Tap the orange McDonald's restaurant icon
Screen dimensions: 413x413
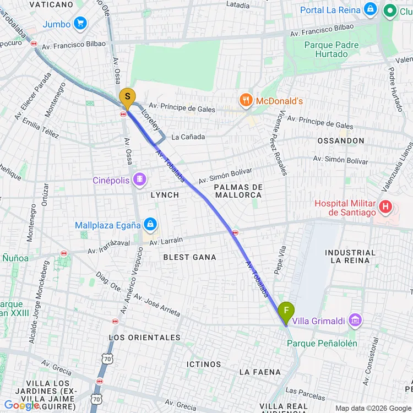click(x=246, y=100)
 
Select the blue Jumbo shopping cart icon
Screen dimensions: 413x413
click(x=81, y=24)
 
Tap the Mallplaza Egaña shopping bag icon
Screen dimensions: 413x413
click(x=150, y=224)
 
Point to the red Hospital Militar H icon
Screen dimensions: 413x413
click(x=386, y=208)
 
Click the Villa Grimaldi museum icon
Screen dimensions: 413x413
click(x=356, y=320)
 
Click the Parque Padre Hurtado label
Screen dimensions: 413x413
click(x=332, y=50)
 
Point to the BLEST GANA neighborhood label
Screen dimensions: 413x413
click(x=190, y=257)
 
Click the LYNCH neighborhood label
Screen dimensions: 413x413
click(x=165, y=195)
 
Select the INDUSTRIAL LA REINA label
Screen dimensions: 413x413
click(x=350, y=256)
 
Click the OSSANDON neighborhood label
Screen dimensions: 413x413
click(x=340, y=141)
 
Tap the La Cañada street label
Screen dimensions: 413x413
click(x=188, y=137)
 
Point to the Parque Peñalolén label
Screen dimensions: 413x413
click(x=322, y=344)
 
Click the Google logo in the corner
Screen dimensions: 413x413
click(x=21, y=405)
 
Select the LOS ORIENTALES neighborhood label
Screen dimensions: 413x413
click(x=145, y=337)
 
